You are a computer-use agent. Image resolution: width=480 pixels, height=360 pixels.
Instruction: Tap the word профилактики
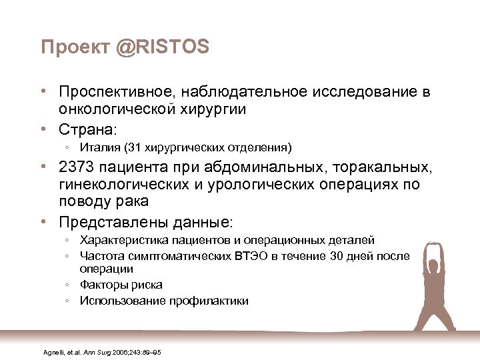[213, 301]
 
